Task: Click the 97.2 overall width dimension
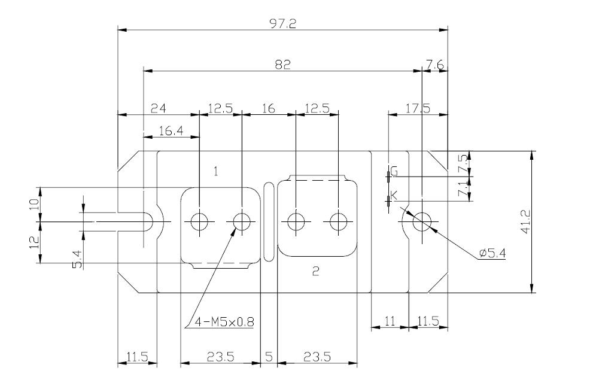[x=282, y=24]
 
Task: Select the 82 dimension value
[x=282, y=65]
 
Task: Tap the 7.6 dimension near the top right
[x=435, y=65]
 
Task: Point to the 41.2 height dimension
[x=526, y=222]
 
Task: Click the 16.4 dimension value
[x=171, y=131]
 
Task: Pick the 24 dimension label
[x=159, y=109]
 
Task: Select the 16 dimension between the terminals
[x=268, y=109]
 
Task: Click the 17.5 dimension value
[x=418, y=109]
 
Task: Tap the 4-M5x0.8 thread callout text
[x=224, y=322]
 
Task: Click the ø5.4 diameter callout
[x=492, y=253]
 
